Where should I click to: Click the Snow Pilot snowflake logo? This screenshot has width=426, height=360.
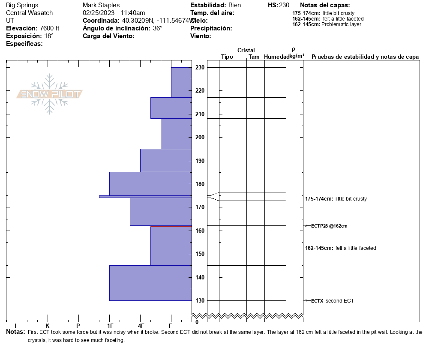pos(50,94)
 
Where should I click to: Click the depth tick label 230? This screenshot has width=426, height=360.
pos(200,68)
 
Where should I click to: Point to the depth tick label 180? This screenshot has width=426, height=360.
pos(200,184)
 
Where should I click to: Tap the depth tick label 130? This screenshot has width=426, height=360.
pos(200,300)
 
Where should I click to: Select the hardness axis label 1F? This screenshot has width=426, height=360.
pos(110,326)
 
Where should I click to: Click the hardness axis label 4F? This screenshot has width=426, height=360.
pos(141,326)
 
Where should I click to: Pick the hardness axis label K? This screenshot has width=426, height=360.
pos(48,326)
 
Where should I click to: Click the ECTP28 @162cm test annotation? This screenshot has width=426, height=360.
pos(329,226)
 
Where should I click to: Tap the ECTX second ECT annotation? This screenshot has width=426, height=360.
pos(333,301)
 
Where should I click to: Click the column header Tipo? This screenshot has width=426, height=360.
pos(227,57)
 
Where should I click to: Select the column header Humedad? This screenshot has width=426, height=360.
pos(276,57)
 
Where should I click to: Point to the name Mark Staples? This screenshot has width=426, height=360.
pos(101,5)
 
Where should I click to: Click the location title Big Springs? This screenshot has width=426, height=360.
pos(22,5)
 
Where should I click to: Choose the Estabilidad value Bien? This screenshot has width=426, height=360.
pos(235,5)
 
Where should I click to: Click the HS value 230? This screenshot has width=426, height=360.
pos(284,5)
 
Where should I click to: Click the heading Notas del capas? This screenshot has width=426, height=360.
pos(325,5)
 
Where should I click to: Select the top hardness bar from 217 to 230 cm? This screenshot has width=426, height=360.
pos(181,82)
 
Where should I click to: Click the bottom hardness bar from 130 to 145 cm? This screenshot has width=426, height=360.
pos(150,283)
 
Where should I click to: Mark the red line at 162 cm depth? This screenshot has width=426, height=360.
pos(171,226)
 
